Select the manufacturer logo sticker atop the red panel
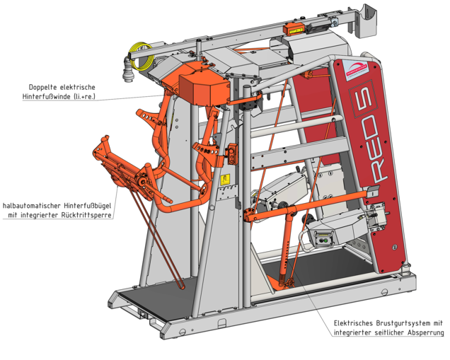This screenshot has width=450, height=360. [x=356, y=69]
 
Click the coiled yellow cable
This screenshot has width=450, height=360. [x=140, y=56]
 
